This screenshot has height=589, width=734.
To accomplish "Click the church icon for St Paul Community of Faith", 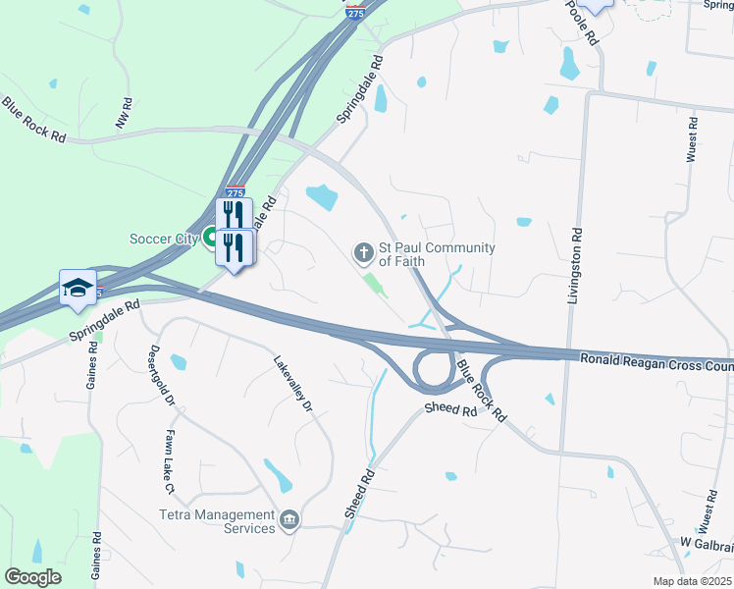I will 363,254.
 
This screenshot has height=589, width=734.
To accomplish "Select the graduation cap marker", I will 78,287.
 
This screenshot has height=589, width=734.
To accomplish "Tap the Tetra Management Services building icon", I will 288,519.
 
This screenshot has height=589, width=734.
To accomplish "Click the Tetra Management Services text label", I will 217,521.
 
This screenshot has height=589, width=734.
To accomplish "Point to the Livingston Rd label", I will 575,265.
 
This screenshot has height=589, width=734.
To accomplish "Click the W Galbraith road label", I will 706,542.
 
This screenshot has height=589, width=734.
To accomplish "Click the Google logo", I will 33,577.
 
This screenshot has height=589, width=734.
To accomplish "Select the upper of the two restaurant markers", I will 234,215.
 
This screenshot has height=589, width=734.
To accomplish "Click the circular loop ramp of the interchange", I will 433,370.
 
